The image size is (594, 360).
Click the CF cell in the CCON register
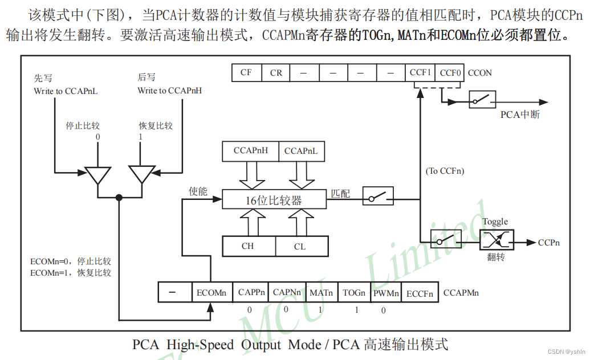point(246,73)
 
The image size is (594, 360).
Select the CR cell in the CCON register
point(276,73)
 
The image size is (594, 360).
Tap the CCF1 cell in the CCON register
point(421,73)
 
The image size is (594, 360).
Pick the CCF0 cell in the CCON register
point(451,73)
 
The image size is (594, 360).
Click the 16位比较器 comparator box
point(274,200)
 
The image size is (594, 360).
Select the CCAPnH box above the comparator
point(251,151)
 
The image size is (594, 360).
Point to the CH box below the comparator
point(248,246)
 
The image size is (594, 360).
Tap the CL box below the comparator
point(300,246)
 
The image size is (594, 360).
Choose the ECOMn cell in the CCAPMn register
point(211,293)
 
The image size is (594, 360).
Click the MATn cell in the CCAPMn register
point(322,293)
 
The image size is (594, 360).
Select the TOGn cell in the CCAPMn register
point(354,293)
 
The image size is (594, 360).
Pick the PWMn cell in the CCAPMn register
point(386,293)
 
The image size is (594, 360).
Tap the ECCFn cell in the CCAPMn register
point(420,293)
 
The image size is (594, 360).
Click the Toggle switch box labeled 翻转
point(496,240)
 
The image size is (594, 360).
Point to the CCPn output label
point(548,243)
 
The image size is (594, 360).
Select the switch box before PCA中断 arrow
point(482,100)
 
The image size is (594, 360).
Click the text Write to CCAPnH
point(169,91)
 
